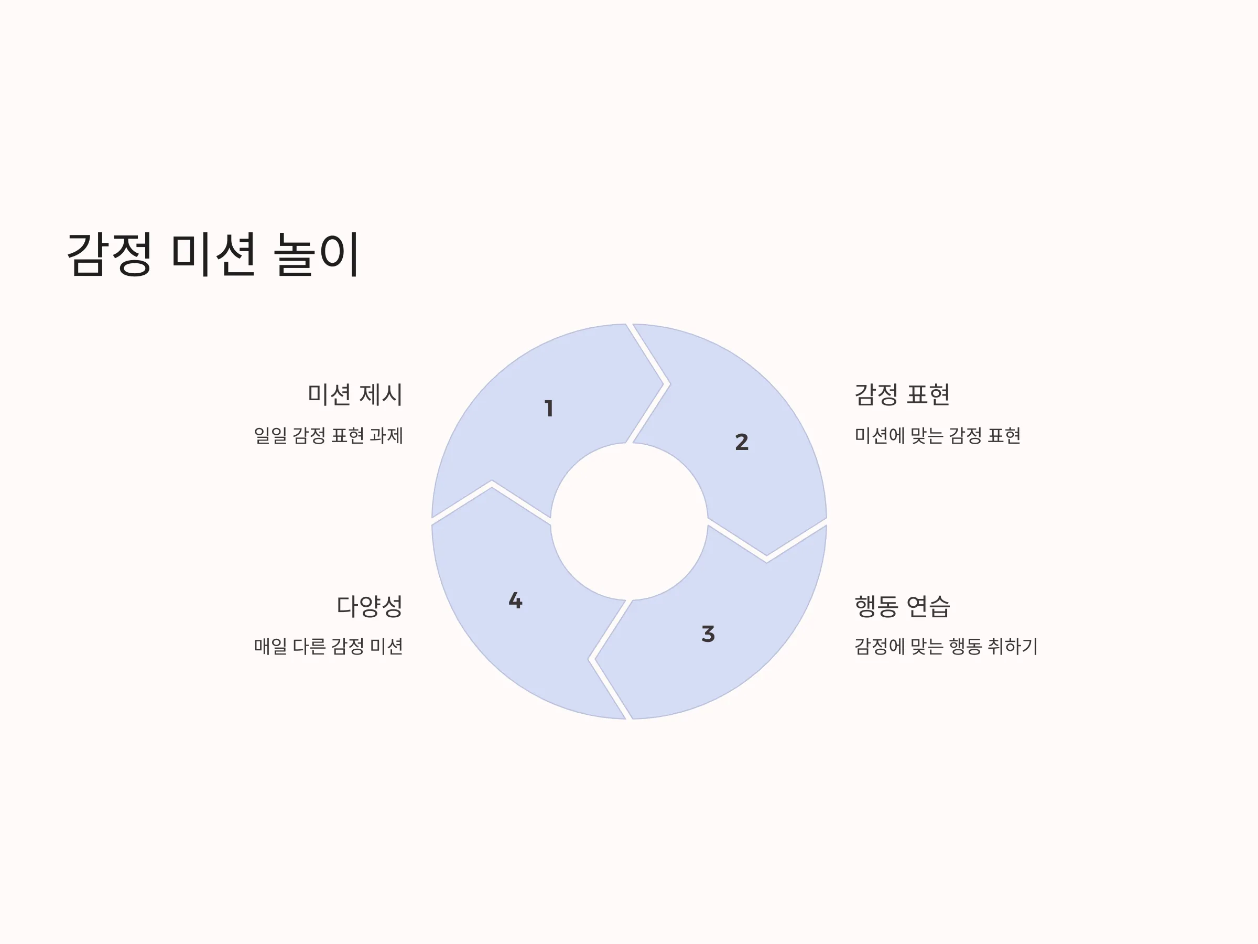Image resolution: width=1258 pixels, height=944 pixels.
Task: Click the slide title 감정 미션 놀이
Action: (x=213, y=254)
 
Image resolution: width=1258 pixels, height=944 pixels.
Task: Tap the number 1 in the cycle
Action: (x=549, y=409)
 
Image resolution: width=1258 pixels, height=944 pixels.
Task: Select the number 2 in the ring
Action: (x=742, y=442)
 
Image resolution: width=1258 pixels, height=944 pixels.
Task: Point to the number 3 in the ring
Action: (x=708, y=634)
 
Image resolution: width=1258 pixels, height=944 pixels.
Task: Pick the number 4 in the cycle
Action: (x=515, y=600)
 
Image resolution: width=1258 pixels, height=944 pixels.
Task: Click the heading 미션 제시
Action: (x=355, y=395)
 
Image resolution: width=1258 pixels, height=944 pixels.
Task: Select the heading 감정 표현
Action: (x=902, y=395)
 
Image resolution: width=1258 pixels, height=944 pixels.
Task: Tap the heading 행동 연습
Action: (x=902, y=606)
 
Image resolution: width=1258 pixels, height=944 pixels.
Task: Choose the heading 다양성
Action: (x=370, y=606)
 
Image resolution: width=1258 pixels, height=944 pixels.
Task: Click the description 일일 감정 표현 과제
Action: (x=329, y=436)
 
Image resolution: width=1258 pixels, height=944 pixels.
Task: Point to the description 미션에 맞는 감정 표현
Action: (x=937, y=436)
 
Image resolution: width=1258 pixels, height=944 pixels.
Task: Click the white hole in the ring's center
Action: (x=629, y=521)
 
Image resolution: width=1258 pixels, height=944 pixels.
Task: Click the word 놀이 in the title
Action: (x=316, y=254)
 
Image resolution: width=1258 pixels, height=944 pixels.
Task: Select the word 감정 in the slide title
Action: (x=109, y=254)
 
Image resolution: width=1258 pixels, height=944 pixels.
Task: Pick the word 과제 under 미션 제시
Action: (x=387, y=436)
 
